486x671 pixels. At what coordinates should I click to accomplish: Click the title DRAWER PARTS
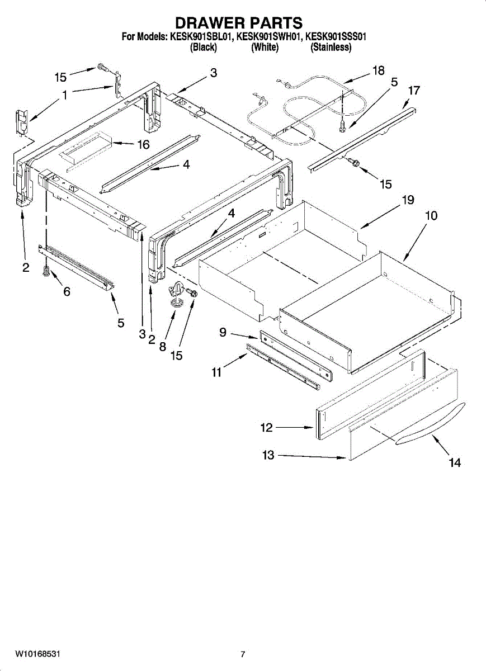[239, 23]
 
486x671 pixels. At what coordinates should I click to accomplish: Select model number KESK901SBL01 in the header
[200, 37]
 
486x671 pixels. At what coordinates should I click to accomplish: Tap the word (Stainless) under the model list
[331, 48]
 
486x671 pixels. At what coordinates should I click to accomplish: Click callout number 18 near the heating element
[378, 70]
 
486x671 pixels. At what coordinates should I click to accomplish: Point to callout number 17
[414, 90]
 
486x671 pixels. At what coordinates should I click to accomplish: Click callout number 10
[431, 216]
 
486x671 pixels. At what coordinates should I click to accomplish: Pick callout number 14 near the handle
[455, 462]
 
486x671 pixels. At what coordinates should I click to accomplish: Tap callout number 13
[268, 455]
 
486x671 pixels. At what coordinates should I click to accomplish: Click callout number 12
[266, 428]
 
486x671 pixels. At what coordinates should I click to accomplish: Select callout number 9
[223, 333]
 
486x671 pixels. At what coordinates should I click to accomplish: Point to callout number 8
[162, 347]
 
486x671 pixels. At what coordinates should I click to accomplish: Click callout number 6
[66, 291]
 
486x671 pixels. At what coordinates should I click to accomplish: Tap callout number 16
[143, 145]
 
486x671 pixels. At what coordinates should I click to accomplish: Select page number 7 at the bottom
[243, 654]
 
